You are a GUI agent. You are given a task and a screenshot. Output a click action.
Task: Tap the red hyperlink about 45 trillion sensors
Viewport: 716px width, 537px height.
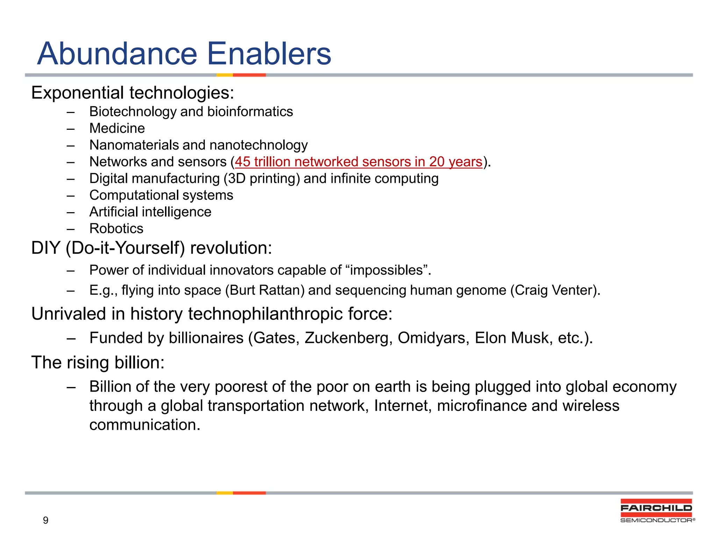click(x=358, y=162)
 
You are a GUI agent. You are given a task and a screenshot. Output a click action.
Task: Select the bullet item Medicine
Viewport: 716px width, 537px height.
click(x=117, y=128)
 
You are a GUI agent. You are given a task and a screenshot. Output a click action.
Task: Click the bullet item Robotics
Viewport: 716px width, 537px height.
click(x=116, y=229)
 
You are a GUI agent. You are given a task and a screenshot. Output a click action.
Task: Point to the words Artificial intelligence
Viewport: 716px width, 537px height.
click(x=150, y=212)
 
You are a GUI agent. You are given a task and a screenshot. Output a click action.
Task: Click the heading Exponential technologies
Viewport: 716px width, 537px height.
click(x=133, y=93)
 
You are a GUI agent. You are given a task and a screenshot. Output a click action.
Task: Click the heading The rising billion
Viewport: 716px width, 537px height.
click(x=98, y=363)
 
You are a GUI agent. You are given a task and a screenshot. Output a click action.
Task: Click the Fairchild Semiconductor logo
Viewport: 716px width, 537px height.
click(x=657, y=511)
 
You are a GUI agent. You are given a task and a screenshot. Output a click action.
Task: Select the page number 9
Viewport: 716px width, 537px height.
click(x=45, y=520)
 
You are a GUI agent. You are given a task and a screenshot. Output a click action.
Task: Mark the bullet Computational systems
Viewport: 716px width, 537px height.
click(x=161, y=195)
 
